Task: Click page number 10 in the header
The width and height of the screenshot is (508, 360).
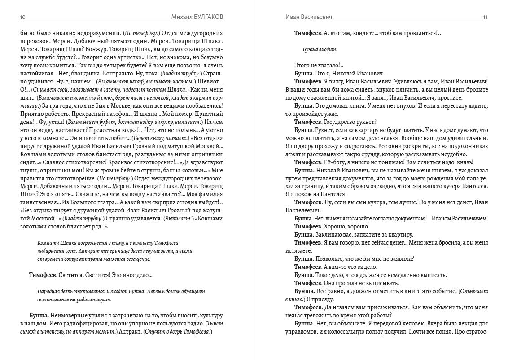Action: (23, 17)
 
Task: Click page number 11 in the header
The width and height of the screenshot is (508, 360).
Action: (485, 17)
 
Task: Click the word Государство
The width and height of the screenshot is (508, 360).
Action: (341, 122)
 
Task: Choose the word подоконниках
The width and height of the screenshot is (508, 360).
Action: (465, 146)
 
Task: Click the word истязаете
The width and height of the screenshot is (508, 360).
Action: (298, 250)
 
